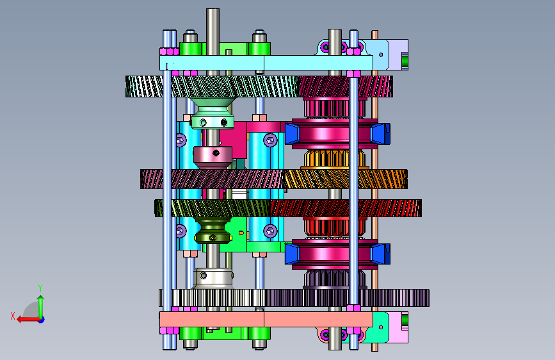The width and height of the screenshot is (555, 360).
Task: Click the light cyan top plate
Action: pyautogui.click(x=266, y=63)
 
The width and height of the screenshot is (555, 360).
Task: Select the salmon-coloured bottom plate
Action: pyautogui.click(x=266, y=319)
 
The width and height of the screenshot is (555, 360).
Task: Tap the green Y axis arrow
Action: pyautogui.click(x=41, y=307)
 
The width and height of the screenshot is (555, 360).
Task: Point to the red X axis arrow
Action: pyautogui.click(x=28, y=320)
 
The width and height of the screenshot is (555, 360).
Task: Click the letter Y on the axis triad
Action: pyautogui.click(x=40, y=288)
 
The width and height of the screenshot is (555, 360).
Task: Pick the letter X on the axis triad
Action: pyautogui.click(x=13, y=316)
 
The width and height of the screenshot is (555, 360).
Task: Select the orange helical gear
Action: pyautogui.click(x=346, y=179)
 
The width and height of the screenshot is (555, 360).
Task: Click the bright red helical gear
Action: pyautogui.click(x=346, y=208)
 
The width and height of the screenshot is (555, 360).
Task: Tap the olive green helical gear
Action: pyautogui.click(x=213, y=208)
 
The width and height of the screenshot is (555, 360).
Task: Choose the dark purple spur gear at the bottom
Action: pyautogui.click(x=347, y=298)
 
